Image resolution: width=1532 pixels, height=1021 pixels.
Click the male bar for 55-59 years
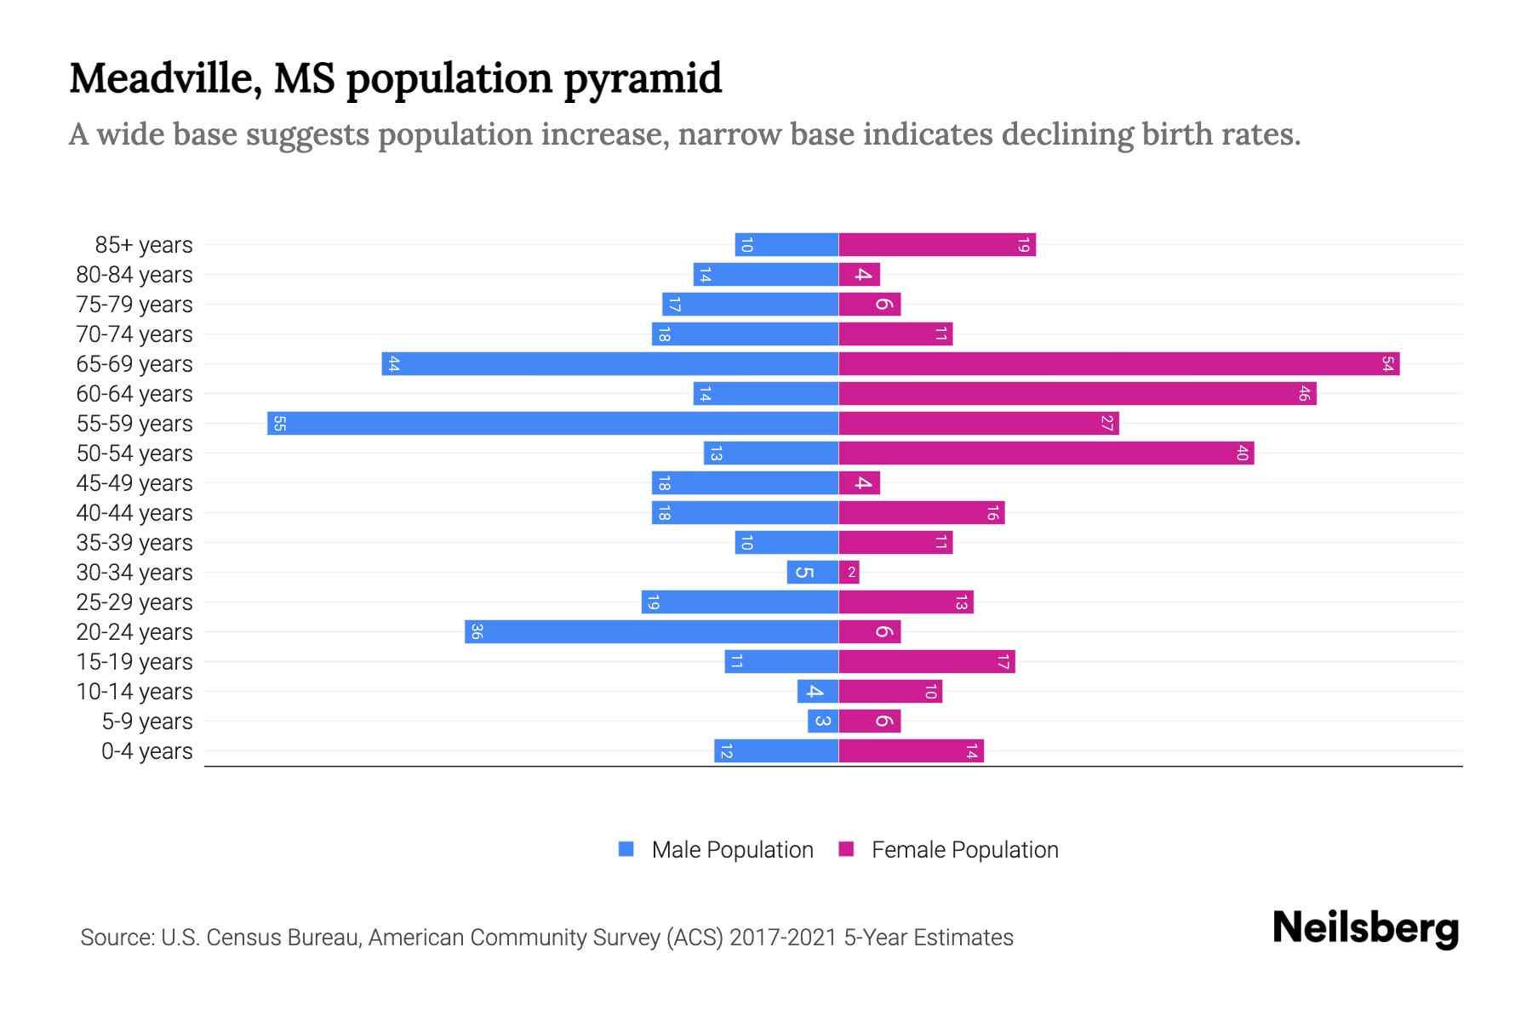tap(553, 423)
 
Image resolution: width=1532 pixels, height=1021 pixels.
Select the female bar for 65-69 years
tap(1118, 363)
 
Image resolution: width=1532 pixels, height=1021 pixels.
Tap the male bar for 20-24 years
tap(651, 631)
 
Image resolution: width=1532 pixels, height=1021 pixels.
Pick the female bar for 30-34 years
tap(849, 572)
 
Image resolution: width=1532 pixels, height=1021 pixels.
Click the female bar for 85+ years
tap(936, 245)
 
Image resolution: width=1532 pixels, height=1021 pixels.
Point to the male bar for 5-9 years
tap(823, 721)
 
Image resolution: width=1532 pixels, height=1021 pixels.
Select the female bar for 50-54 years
tap(1046, 453)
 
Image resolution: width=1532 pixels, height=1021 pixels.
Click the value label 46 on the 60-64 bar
tap(1304, 393)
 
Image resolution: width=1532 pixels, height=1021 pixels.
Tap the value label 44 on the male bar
tap(393, 363)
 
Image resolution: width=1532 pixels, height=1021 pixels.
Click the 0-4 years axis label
tap(146, 751)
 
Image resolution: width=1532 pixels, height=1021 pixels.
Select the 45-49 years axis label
tap(134, 483)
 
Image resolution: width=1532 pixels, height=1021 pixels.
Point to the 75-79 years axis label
tap(134, 305)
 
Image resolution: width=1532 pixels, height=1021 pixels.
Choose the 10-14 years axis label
tap(134, 692)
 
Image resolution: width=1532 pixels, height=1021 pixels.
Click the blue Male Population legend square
tap(626, 849)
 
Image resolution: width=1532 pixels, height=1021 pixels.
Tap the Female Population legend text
tap(964, 850)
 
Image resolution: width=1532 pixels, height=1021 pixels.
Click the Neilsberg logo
tap(1365, 928)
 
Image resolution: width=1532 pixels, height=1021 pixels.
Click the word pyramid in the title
tap(643, 79)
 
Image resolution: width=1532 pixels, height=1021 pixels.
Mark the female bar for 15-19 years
tap(927, 661)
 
